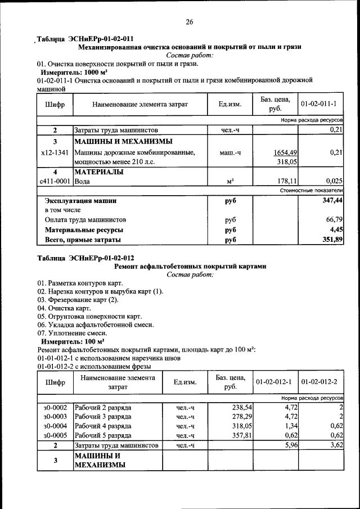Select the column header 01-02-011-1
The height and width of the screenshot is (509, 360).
coord(318,104)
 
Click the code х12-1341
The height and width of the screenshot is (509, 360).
coord(55,152)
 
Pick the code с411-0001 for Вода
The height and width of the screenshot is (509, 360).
coord(55,181)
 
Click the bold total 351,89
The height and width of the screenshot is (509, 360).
coord(331,240)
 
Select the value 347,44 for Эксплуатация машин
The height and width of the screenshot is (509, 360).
coord(331,200)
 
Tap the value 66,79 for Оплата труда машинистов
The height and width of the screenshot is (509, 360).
coord(334,220)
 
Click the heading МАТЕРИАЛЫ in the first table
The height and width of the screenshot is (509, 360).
coord(99,172)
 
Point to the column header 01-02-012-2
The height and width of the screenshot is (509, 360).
coord(319,382)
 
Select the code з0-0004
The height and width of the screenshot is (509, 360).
coord(55,426)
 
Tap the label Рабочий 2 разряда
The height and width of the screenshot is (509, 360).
coord(103,407)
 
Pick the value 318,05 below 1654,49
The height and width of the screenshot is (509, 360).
coord(287,162)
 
